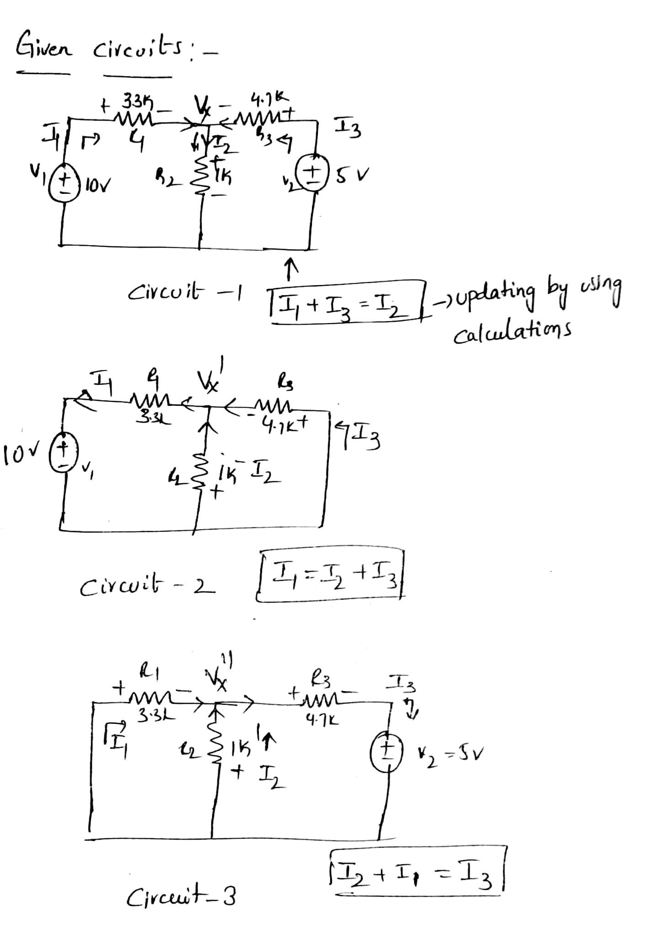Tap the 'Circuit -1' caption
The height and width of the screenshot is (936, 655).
tap(185, 291)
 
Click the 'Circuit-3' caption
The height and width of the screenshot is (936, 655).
tap(181, 897)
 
